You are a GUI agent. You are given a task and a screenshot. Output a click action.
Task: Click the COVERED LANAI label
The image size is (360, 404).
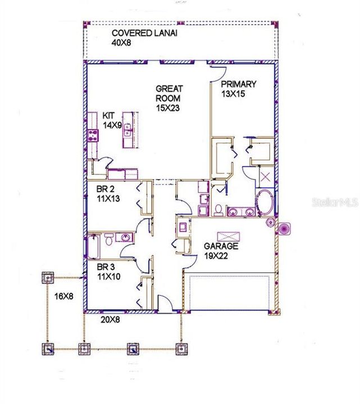[139, 33]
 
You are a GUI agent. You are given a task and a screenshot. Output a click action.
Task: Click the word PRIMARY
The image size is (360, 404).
[239, 84]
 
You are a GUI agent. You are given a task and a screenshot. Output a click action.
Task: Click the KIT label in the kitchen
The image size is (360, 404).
[109, 116]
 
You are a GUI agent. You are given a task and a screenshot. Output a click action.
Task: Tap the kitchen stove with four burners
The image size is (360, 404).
[93, 134]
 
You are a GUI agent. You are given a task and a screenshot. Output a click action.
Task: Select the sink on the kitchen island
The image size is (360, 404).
[128, 131]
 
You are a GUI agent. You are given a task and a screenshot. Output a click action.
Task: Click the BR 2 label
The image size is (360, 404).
[107, 189]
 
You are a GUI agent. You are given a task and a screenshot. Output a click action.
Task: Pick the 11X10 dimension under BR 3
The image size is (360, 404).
[110, 276]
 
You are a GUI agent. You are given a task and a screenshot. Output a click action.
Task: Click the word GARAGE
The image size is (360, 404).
[221, 246]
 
